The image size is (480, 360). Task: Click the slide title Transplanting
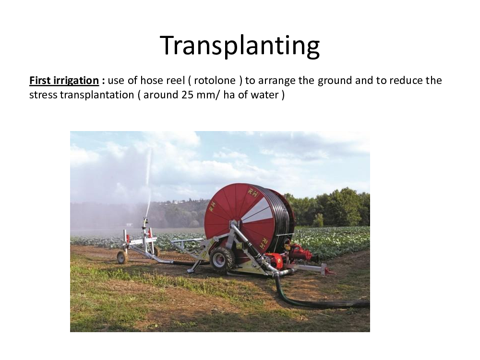[x=240, y=46]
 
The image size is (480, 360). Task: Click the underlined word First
[x=40, y=81]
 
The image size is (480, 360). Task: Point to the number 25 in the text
[x=187, y=95]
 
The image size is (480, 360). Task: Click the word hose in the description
[x=152, y=81]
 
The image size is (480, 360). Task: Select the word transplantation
[x=97, y=96]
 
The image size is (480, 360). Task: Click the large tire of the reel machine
[x=222, y=260]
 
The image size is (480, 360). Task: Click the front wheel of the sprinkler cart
[x=122, y=257]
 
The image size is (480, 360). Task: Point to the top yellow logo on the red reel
[x=253, y=192]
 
